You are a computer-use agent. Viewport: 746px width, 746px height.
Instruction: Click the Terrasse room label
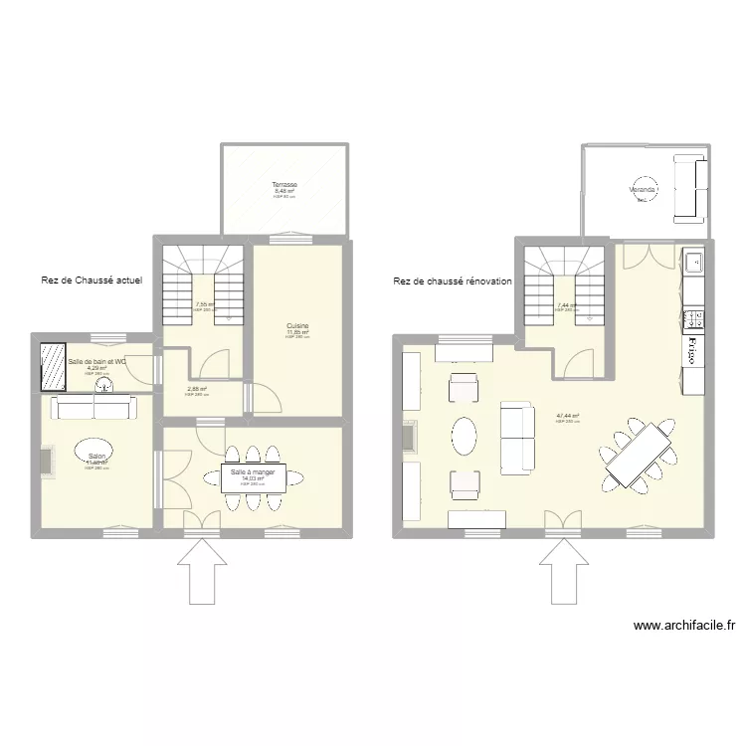point(285,185)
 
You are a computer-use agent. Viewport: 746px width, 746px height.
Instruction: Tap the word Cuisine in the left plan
point(296,325)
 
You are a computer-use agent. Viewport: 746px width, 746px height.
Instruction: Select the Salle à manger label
point(253,472)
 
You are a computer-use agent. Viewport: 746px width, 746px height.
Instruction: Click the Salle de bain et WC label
point(96,361)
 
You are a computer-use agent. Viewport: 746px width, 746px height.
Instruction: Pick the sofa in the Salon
point(93,407)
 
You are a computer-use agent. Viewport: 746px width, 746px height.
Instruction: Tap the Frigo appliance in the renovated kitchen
point(690,351)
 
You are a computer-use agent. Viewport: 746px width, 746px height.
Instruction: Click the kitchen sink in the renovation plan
point(693,264)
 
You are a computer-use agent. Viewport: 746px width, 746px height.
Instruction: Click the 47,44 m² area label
point(568,416)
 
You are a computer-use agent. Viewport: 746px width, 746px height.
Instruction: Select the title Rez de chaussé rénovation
point(452,281)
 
